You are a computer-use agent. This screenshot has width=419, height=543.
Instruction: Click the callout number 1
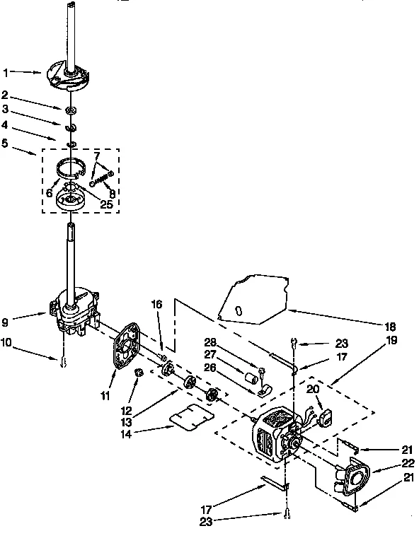click(x=6, y=72)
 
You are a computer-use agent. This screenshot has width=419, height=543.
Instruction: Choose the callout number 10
click(x=6, y=344)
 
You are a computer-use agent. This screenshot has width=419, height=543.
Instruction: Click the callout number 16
click(x=157, y=305)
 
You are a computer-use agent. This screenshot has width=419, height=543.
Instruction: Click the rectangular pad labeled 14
click(x=192, y=419)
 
